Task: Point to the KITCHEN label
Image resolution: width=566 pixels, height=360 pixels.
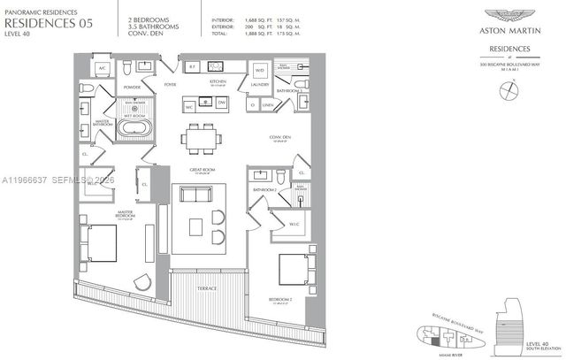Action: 218,81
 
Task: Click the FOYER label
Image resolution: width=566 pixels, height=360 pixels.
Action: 170,85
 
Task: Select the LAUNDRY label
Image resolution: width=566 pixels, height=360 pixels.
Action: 258,85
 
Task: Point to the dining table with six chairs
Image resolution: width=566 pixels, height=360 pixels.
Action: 201,138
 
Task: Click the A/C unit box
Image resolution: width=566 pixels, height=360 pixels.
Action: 102,68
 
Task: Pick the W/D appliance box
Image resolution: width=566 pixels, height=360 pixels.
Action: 260,69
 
